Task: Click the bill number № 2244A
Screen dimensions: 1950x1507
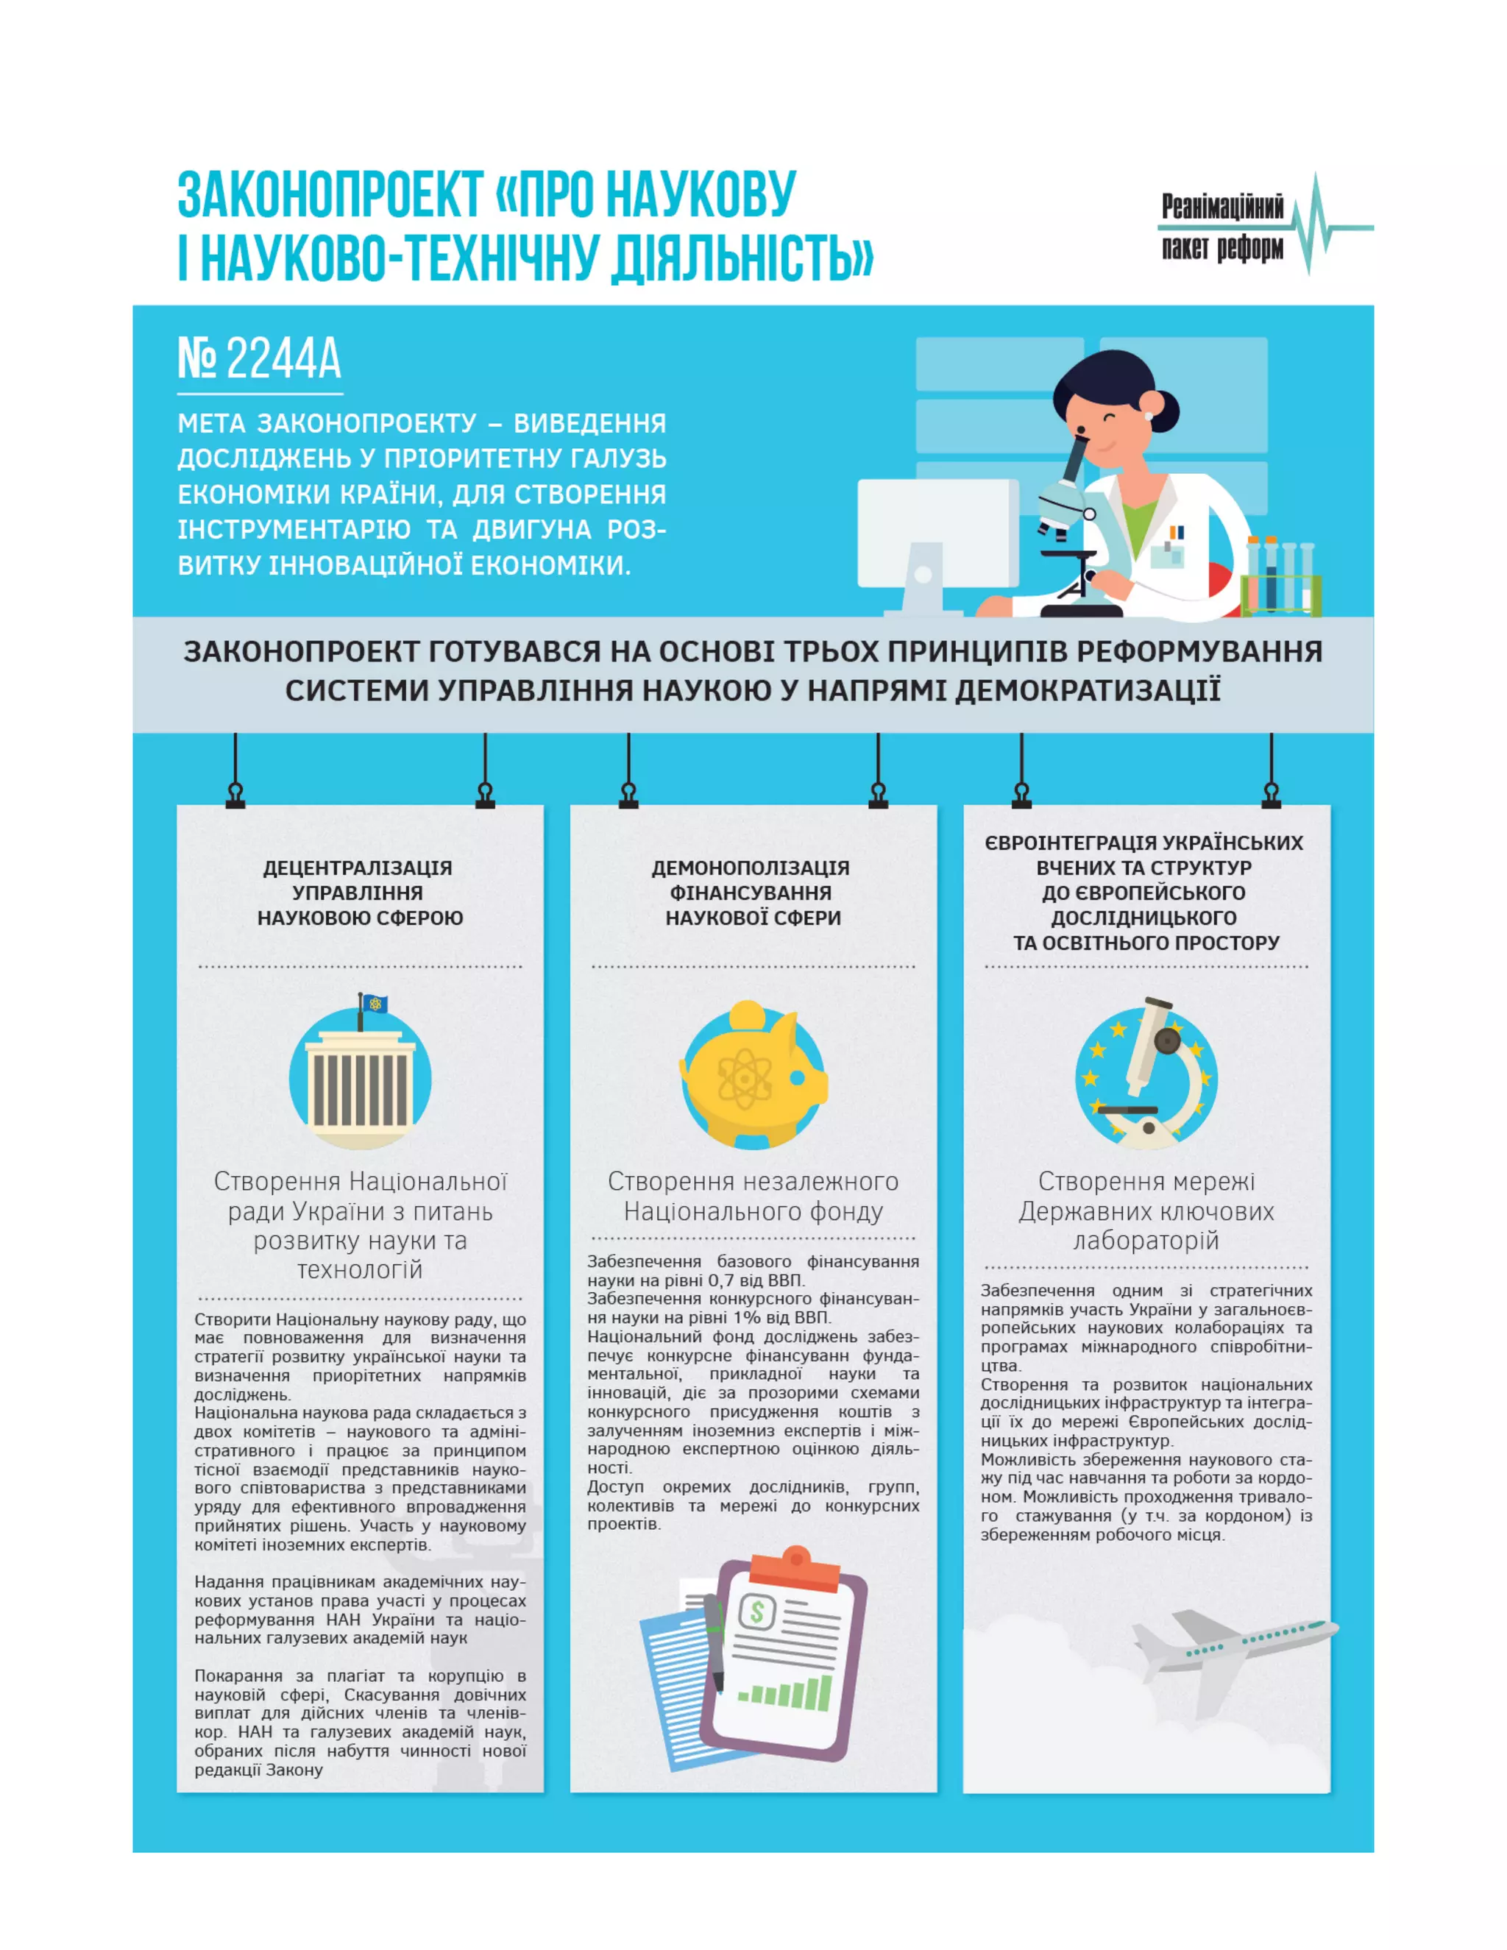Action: point(259,359)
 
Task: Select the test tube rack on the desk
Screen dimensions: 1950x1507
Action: point(1280,578)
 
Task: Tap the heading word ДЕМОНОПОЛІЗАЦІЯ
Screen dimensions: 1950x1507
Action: point(751,868)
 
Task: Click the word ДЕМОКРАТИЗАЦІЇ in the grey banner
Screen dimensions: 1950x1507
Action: point(1087,691)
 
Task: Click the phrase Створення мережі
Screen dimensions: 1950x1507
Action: point(1146,1181)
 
